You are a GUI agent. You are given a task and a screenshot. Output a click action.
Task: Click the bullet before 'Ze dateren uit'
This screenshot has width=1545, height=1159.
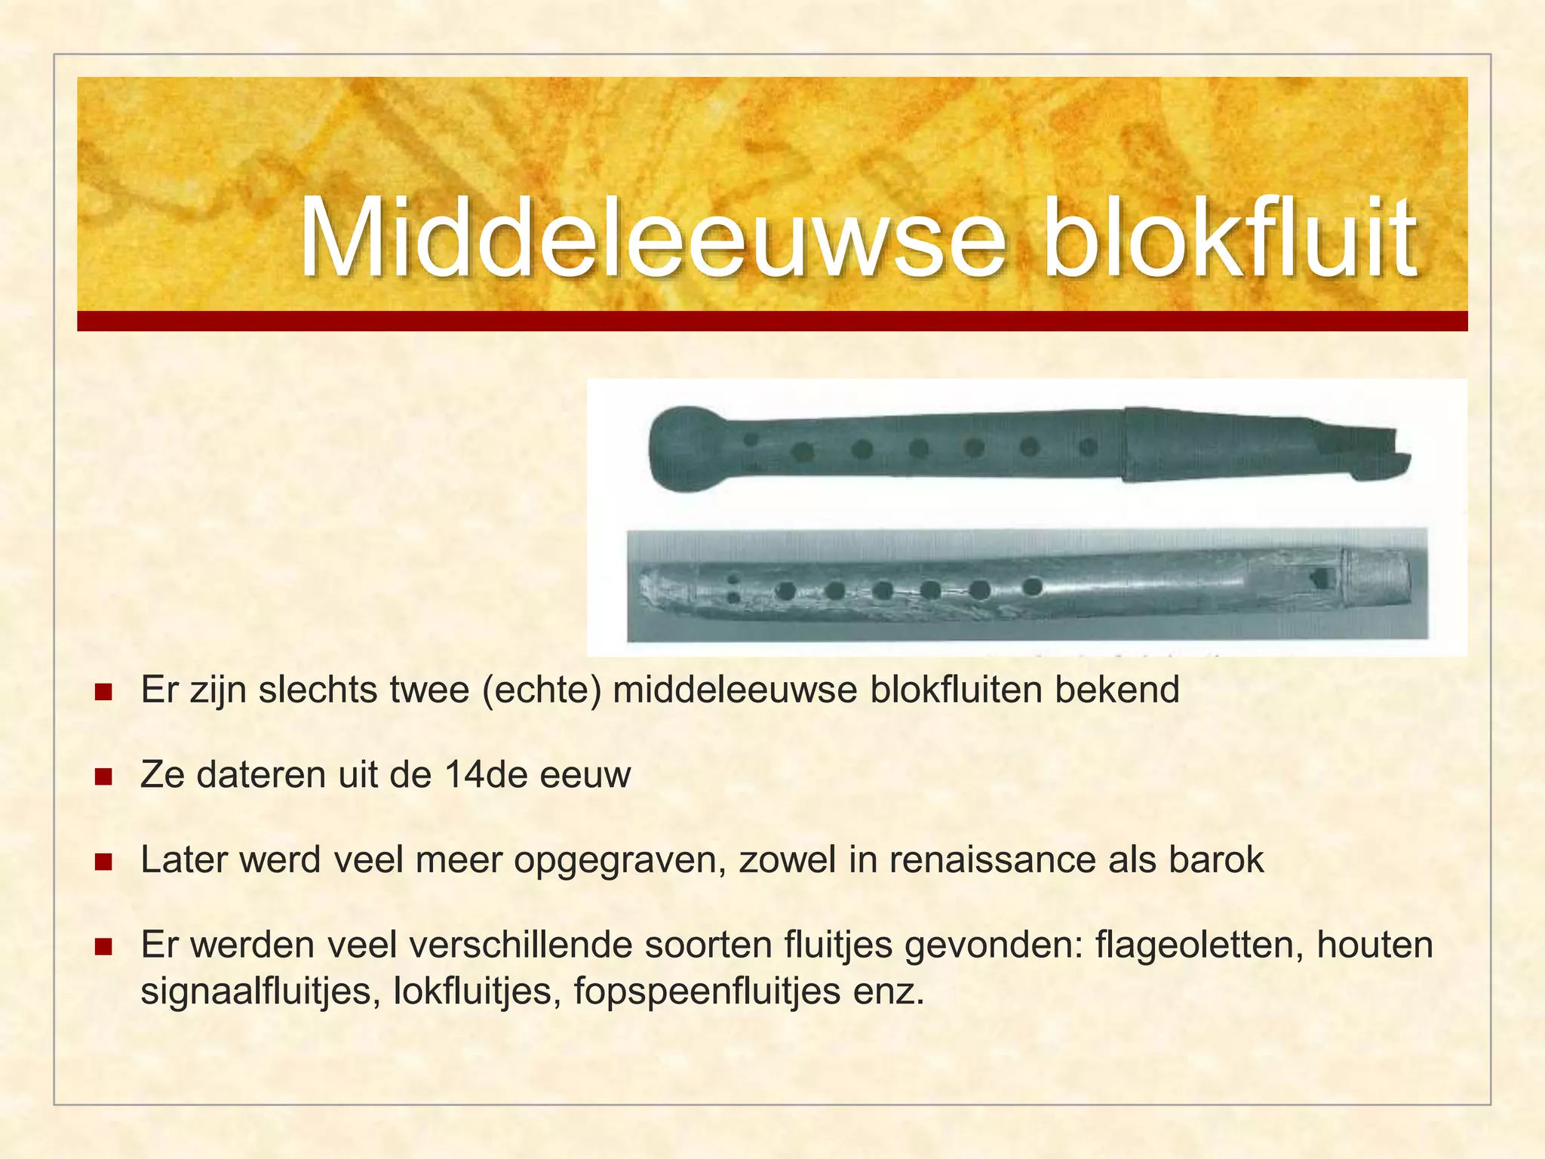click(x=103, y=776)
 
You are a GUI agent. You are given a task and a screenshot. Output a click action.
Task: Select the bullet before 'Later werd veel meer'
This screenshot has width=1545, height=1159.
click(x=103, y=861)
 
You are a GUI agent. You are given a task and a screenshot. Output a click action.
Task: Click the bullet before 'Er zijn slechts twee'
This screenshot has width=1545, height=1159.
click(x=103, y=691)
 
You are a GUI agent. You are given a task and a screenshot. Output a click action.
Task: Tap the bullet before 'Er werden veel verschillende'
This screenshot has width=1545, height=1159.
click(x=103, y=946)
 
